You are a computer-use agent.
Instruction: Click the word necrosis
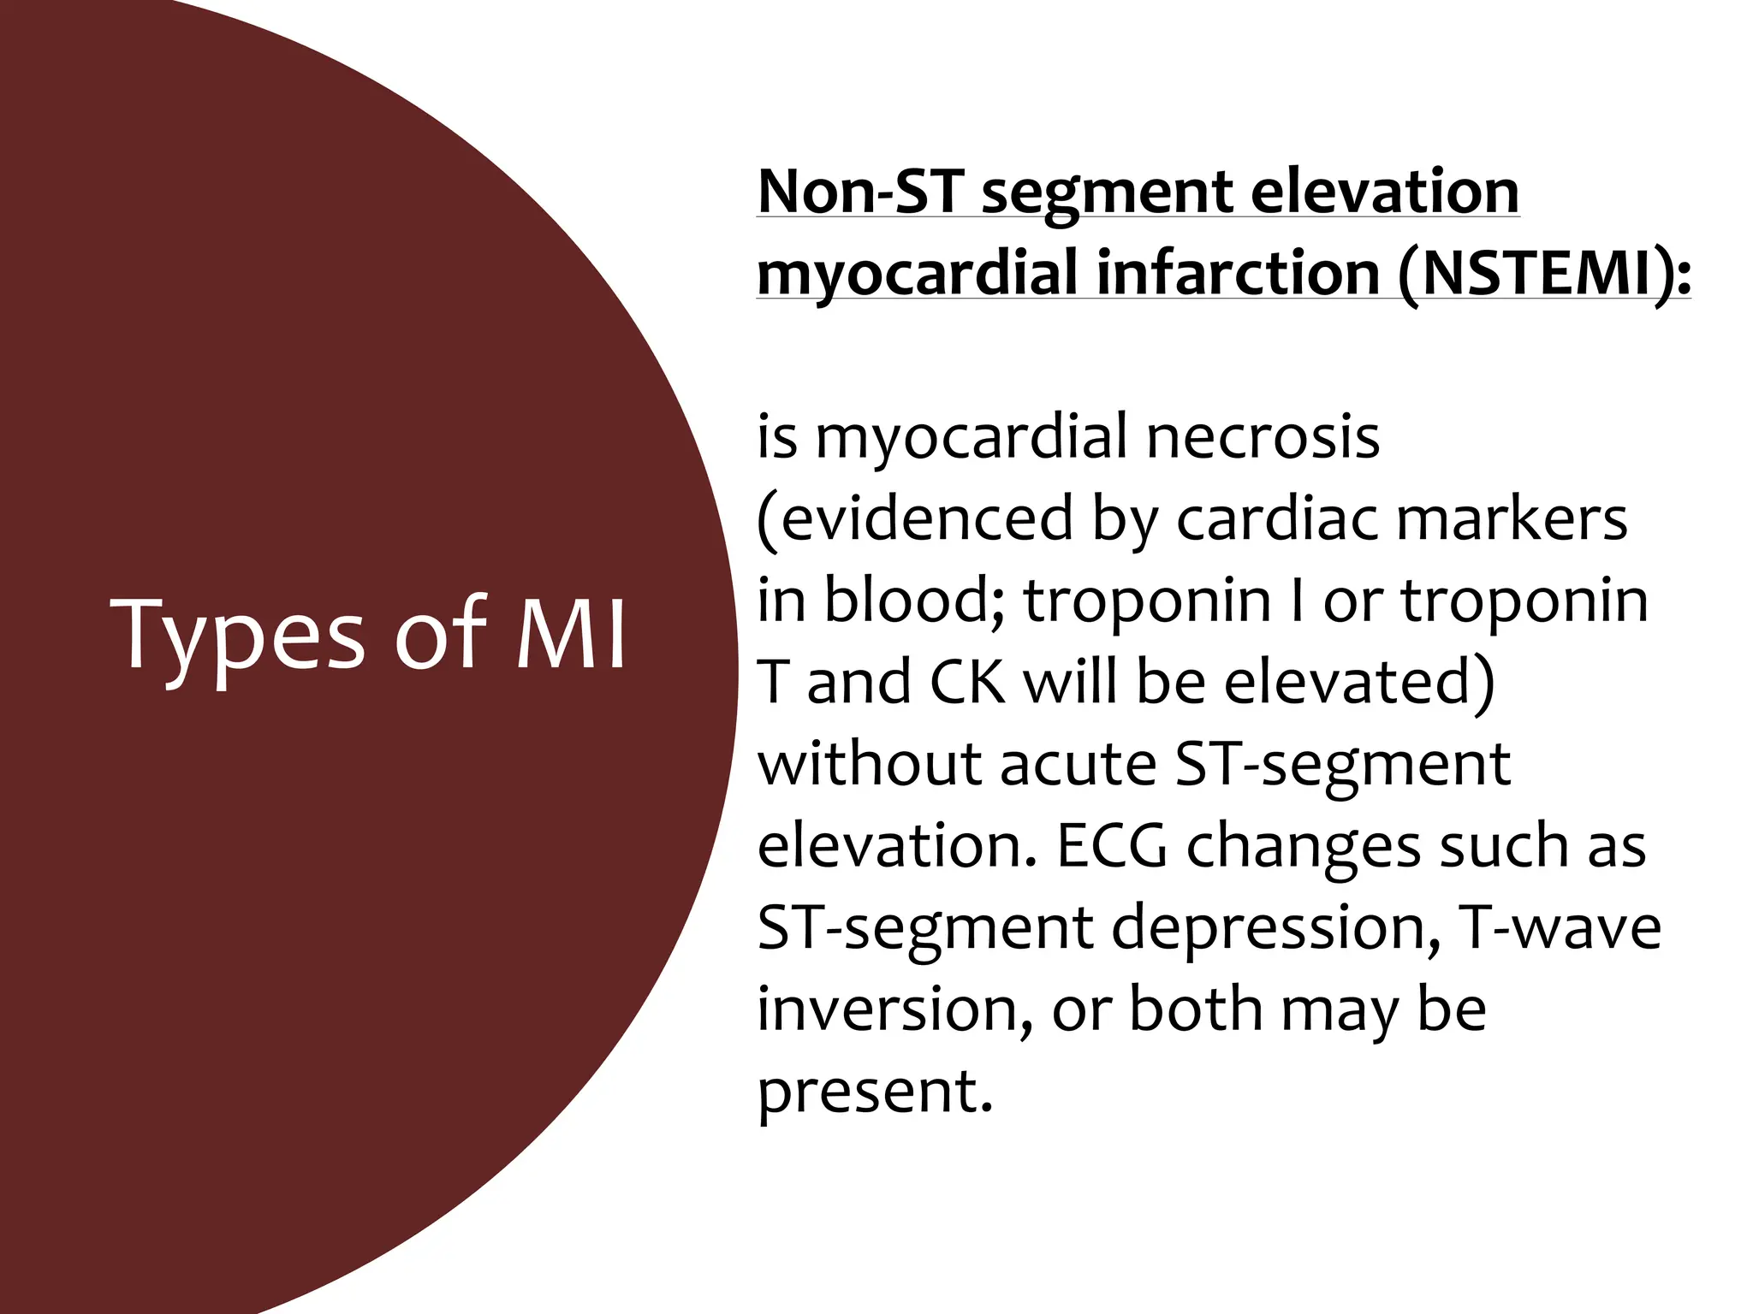pyautogui.click(x=1263, y=437)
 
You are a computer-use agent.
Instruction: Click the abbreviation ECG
pyautogui.click(x=1112, y=846)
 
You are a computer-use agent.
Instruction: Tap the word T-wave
pyautogui.click(x=1561, y=927)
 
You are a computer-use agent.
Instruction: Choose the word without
pyautogui.click(x=869, y=764)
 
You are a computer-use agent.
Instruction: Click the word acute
pyautogui.click(x=1078, y=764)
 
